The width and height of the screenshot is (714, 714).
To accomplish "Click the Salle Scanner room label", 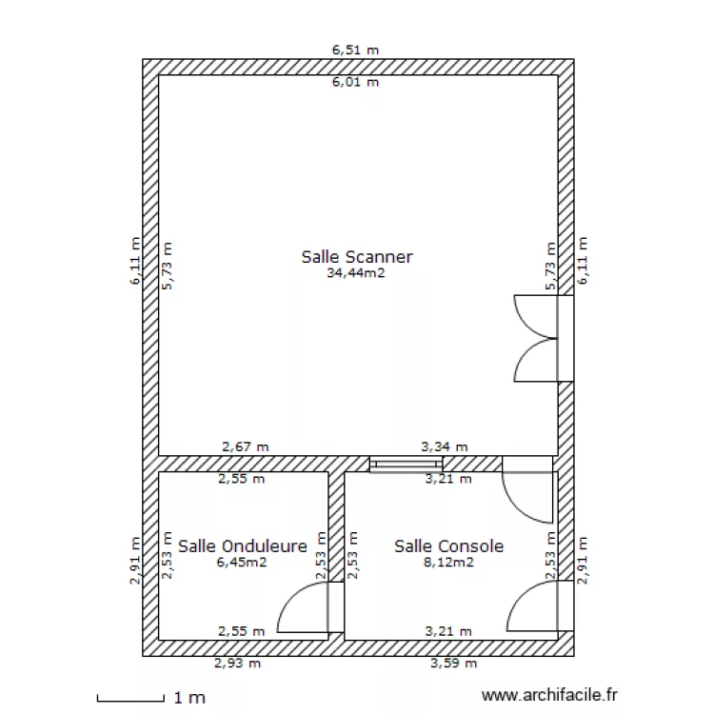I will [357, 257].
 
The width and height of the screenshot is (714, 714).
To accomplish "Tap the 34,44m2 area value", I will [357, 273].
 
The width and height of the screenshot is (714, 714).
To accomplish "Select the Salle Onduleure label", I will [242, 546].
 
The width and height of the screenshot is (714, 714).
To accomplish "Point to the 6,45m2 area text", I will [242, 563].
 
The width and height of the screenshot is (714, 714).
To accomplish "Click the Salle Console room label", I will [448, 546].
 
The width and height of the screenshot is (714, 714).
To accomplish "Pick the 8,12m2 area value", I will [448, 563].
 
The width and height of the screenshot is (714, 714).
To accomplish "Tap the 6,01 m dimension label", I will [355, 83].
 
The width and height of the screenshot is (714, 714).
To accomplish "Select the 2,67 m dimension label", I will [246, 446].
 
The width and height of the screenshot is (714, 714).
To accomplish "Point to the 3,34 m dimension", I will [445, 446].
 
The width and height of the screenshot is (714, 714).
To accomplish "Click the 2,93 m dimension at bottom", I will [237, 664].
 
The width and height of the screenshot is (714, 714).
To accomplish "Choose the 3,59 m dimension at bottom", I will [454, 664].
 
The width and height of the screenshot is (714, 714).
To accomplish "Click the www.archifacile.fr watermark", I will [551, 698].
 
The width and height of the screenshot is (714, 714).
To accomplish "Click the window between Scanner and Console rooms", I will [400, 465].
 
